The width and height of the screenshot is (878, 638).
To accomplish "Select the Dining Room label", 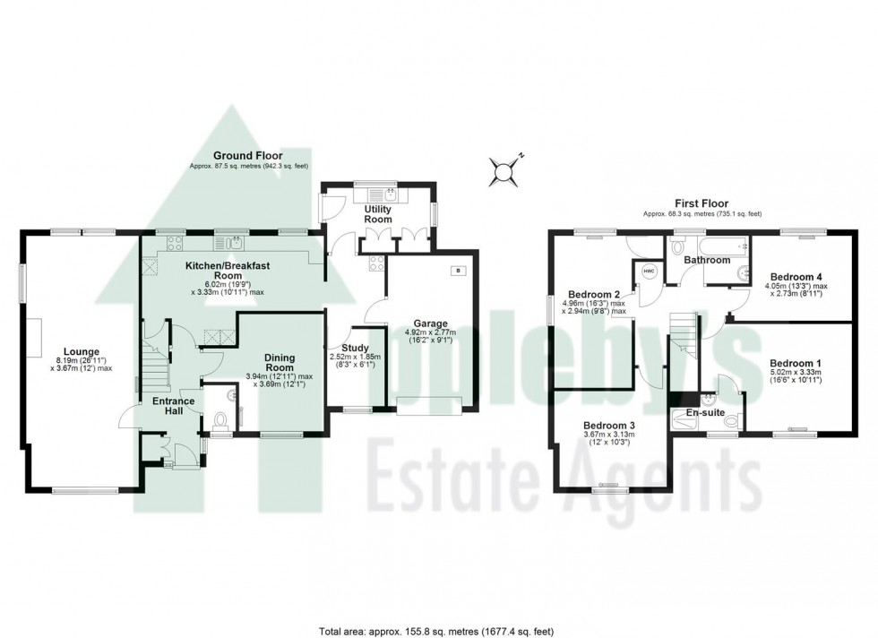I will pos(280,362).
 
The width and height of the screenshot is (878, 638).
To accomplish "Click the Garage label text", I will pos(430,323).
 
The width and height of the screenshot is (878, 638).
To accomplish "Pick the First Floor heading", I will pos(702,203).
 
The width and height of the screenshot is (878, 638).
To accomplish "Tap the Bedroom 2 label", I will pos(594,295).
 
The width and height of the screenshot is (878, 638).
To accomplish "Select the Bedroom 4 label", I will pos(794,277).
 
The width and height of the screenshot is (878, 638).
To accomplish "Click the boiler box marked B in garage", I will pos(459,270).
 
